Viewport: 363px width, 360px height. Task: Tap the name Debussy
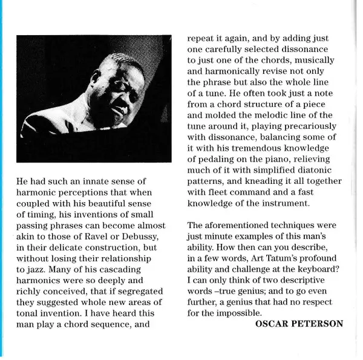150,235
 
